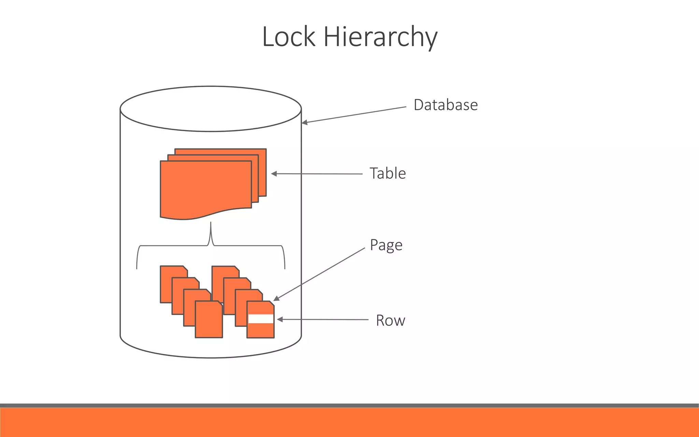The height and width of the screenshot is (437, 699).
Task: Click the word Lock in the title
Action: click(x=288, y=37)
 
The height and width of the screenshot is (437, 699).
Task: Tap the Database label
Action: click(x=445, y=105)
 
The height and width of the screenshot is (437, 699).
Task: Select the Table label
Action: click(x=388, y=173)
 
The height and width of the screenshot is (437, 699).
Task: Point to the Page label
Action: click(x=386, y=245)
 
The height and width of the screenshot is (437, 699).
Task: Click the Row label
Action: click(x=390, y=321)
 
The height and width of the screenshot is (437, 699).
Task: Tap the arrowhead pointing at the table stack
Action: click(x=274, y=174)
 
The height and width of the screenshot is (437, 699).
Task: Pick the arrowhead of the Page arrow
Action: click(x=276, y=299)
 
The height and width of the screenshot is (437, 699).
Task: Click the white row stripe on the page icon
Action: click(x=260, y=319)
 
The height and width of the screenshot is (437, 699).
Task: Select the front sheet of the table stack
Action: click(x=205, y=188)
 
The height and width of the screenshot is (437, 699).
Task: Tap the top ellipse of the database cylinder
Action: click(x=211, y=109)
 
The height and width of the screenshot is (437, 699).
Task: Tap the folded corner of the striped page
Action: click(x=272, y=304)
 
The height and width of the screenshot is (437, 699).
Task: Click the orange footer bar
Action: click(x=349, y=422)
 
